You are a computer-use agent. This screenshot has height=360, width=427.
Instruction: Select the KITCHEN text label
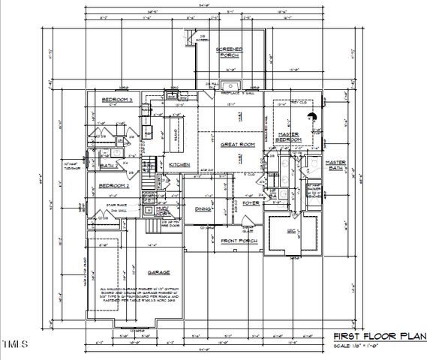(x=179, y=164)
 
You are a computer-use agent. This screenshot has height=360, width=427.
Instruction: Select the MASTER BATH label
(x=335, y=165)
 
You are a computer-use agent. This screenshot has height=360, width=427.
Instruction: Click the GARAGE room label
(x=158, y=271)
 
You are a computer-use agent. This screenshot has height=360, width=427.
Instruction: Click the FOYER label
(x=251, y=202)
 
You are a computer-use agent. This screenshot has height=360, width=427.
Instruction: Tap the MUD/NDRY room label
(x=173, y=212)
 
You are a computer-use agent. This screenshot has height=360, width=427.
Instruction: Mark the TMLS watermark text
(x=14, y=346)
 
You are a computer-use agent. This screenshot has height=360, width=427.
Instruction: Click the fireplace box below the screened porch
(x=230, y=84)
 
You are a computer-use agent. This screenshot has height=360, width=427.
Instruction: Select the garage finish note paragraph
(x=140, y=297)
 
